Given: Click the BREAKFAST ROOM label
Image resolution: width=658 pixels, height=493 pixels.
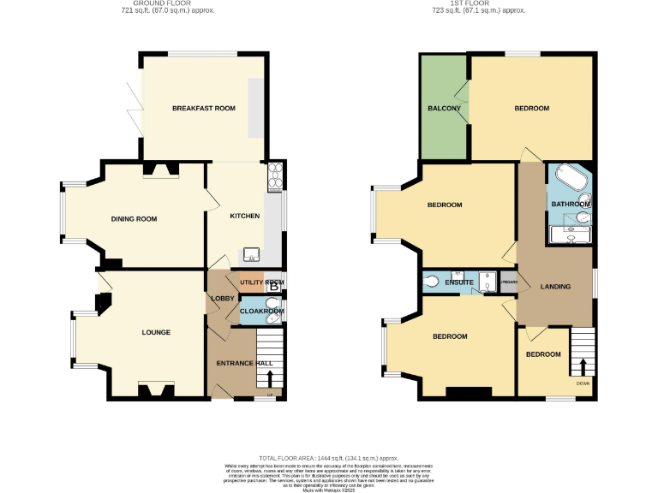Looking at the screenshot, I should pyautogui.click(x=203, y=108).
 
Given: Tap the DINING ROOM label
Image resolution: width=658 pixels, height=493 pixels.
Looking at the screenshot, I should pyautogui.click(x=134, y=218).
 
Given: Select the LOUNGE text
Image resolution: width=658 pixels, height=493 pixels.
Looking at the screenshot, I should pyautogui.click(x=156, y=332).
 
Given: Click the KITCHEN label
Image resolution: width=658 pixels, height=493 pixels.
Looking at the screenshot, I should pyautogui.click(x=244, y=216).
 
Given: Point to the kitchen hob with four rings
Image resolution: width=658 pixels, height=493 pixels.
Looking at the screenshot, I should pyautogui.click(x=276, y=176).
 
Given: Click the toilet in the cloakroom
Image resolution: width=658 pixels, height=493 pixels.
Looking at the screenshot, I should pyautogui.click(x=272, y=318).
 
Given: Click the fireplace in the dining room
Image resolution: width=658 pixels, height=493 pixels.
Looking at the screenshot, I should pyautogui.click(x=160, y=169).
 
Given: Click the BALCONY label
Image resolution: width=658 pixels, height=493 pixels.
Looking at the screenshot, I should pyautogui.click(x=445, y=108).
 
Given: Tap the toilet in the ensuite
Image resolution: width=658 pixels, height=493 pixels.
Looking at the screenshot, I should pyautogui.click(x=431, y=281).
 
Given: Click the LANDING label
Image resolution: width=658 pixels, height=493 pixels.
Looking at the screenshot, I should pyautogui.click(x=555, y=286).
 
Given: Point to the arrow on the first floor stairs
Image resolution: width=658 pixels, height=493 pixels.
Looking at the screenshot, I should pyautogui.click(x=584, y=366).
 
